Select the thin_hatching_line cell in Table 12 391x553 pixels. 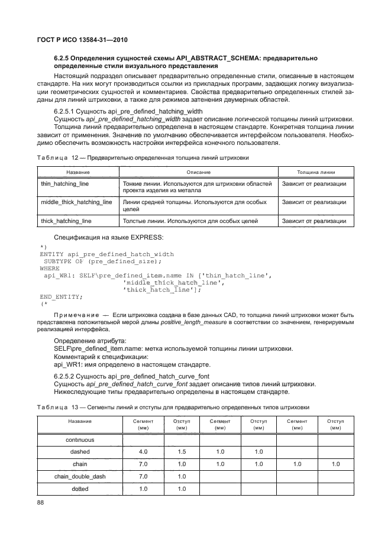[65, 185]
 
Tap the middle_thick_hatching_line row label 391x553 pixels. [76, 202]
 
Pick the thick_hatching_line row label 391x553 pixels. [66, 221]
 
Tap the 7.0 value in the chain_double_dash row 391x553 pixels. [143, 476]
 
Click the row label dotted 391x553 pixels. [80, 489]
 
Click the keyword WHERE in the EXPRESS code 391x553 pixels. [50, 268]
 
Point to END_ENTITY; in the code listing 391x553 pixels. [62, 296]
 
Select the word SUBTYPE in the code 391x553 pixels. [61, 261]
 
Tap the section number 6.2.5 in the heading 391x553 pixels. [63, 58]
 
